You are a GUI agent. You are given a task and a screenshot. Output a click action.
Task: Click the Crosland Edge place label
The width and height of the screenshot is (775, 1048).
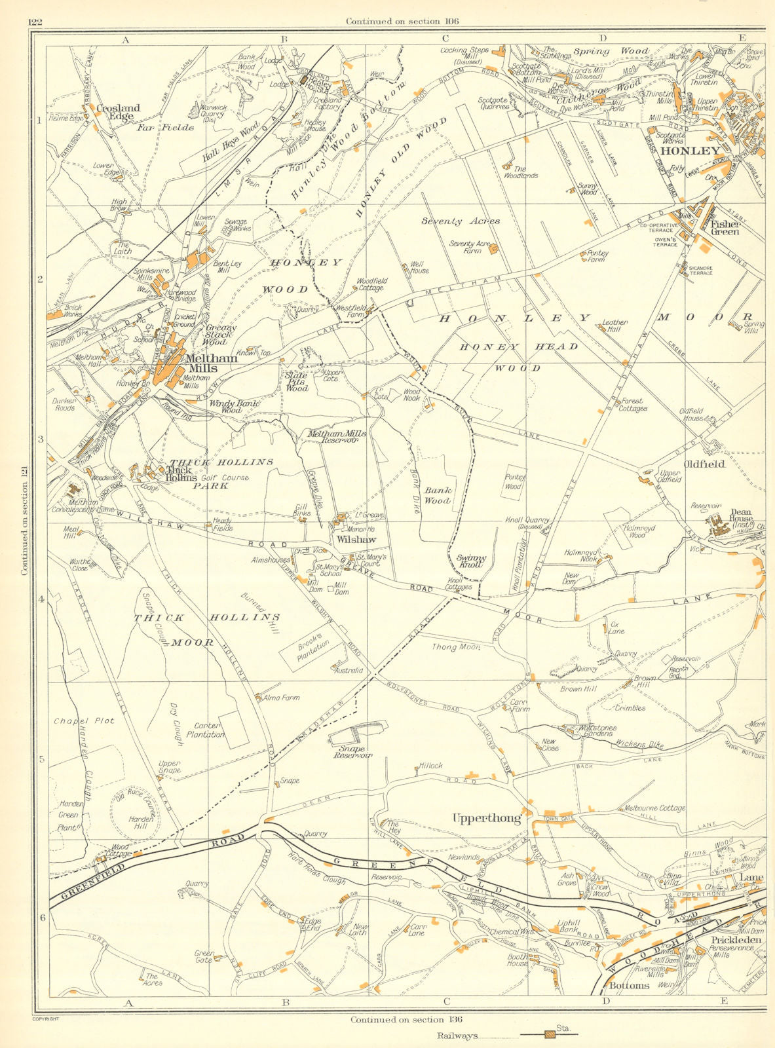pos(118,112)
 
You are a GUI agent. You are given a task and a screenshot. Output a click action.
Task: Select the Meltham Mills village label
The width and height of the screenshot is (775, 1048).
pos(211,363)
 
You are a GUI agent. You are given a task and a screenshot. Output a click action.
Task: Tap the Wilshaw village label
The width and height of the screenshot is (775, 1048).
pos(357,540)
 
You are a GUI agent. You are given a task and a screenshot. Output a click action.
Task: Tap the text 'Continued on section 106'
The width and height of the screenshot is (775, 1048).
pos(402,22)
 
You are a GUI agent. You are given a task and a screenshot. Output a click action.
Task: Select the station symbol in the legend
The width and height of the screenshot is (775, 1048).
pos(550,1035)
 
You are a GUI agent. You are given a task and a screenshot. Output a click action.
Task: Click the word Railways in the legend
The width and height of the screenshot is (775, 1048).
pos(458,1036)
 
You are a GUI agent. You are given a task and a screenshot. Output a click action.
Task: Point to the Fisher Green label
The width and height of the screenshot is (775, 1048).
pos(725,227)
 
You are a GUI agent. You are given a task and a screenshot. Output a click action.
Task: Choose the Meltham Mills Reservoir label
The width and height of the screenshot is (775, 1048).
pos(337,437)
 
